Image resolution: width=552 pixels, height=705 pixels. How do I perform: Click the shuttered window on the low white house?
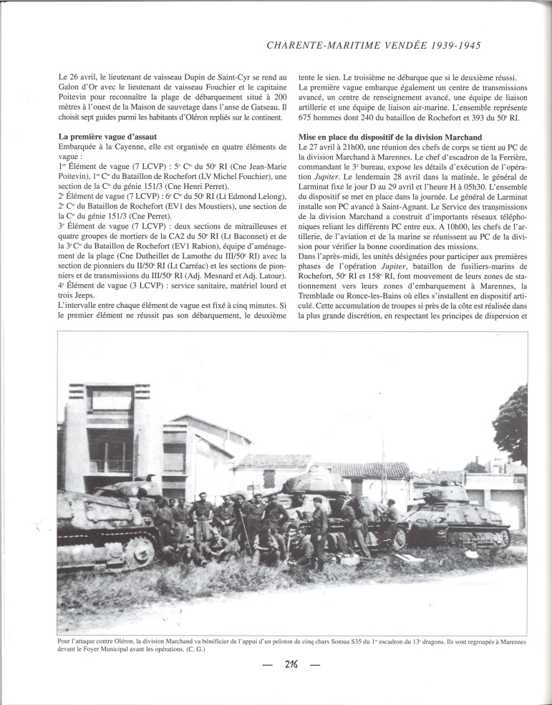click(269, 478)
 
